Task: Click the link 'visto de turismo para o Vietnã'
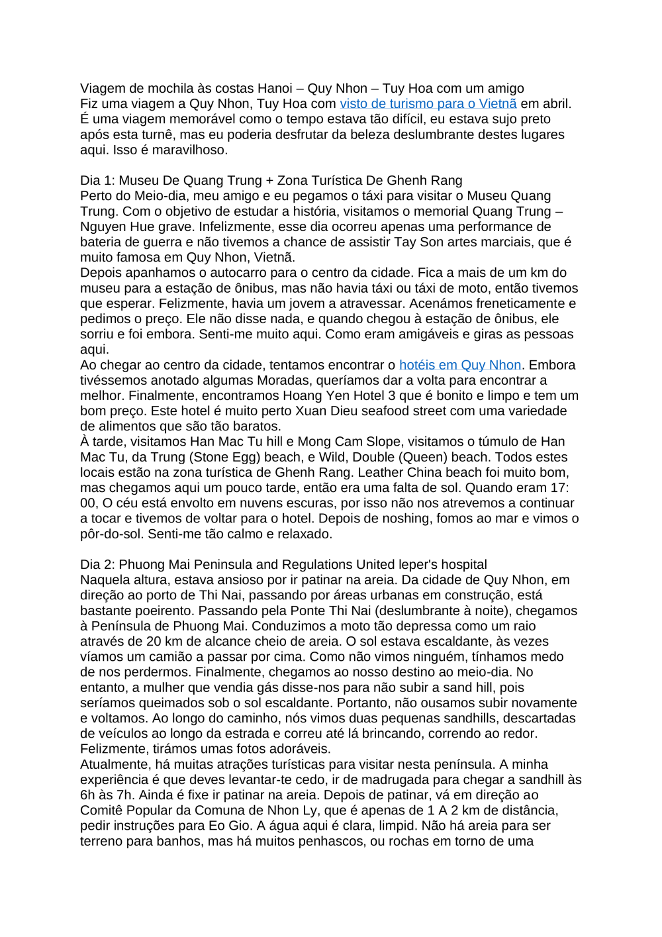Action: click(x=428, y=104)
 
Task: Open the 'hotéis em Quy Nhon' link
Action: click(x=459, y=366)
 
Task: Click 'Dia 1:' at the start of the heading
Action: click(x=97, y=181)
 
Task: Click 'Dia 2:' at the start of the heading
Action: click(x=97, y=565)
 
